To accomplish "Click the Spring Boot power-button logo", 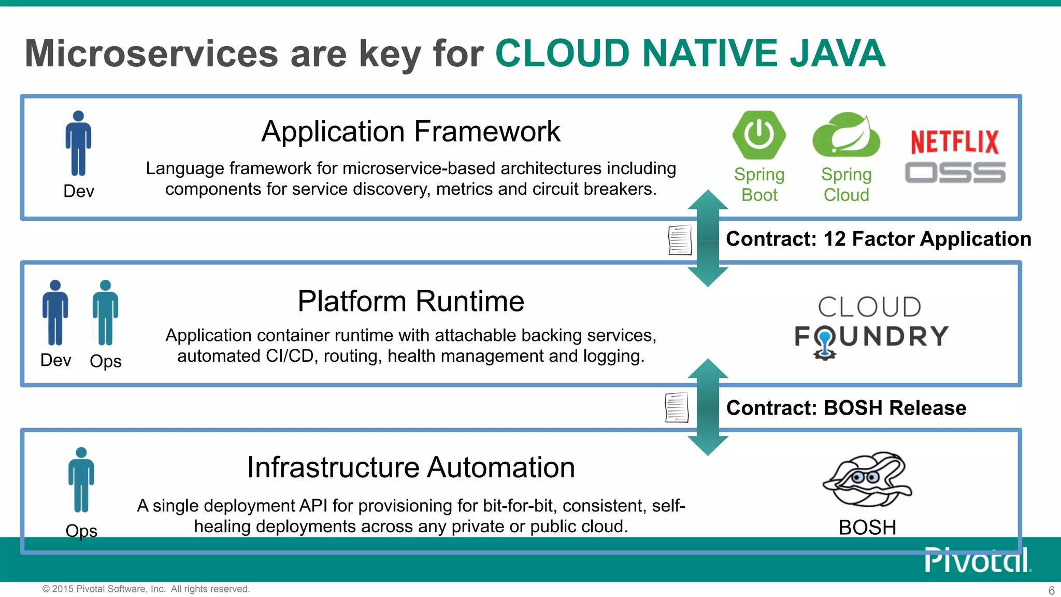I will [x=759, y=135].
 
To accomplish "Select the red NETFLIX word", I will [x=955, y=142].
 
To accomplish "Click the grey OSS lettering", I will [x=955, y=173].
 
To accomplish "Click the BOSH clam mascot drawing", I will [x=867, y=479].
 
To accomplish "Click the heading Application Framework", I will [x=410, y=132].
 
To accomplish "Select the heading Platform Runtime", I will [x=411, y=301].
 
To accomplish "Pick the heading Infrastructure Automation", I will [x=411, y=467].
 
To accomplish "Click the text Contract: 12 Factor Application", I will [x=878, y=239].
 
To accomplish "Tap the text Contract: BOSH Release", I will [x=846, y=408].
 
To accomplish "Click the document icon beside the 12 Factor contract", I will [x=680, y=240].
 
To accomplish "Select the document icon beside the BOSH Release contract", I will [x=677, y=407].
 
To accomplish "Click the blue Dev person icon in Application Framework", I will [x=78, y=144].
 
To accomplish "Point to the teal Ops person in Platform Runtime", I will [x=105, y=312].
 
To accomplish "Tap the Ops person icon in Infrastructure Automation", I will [x=81, y=480].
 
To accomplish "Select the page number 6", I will [x=1051, y=590].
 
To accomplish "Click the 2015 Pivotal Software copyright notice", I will [x=146, y=589].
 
